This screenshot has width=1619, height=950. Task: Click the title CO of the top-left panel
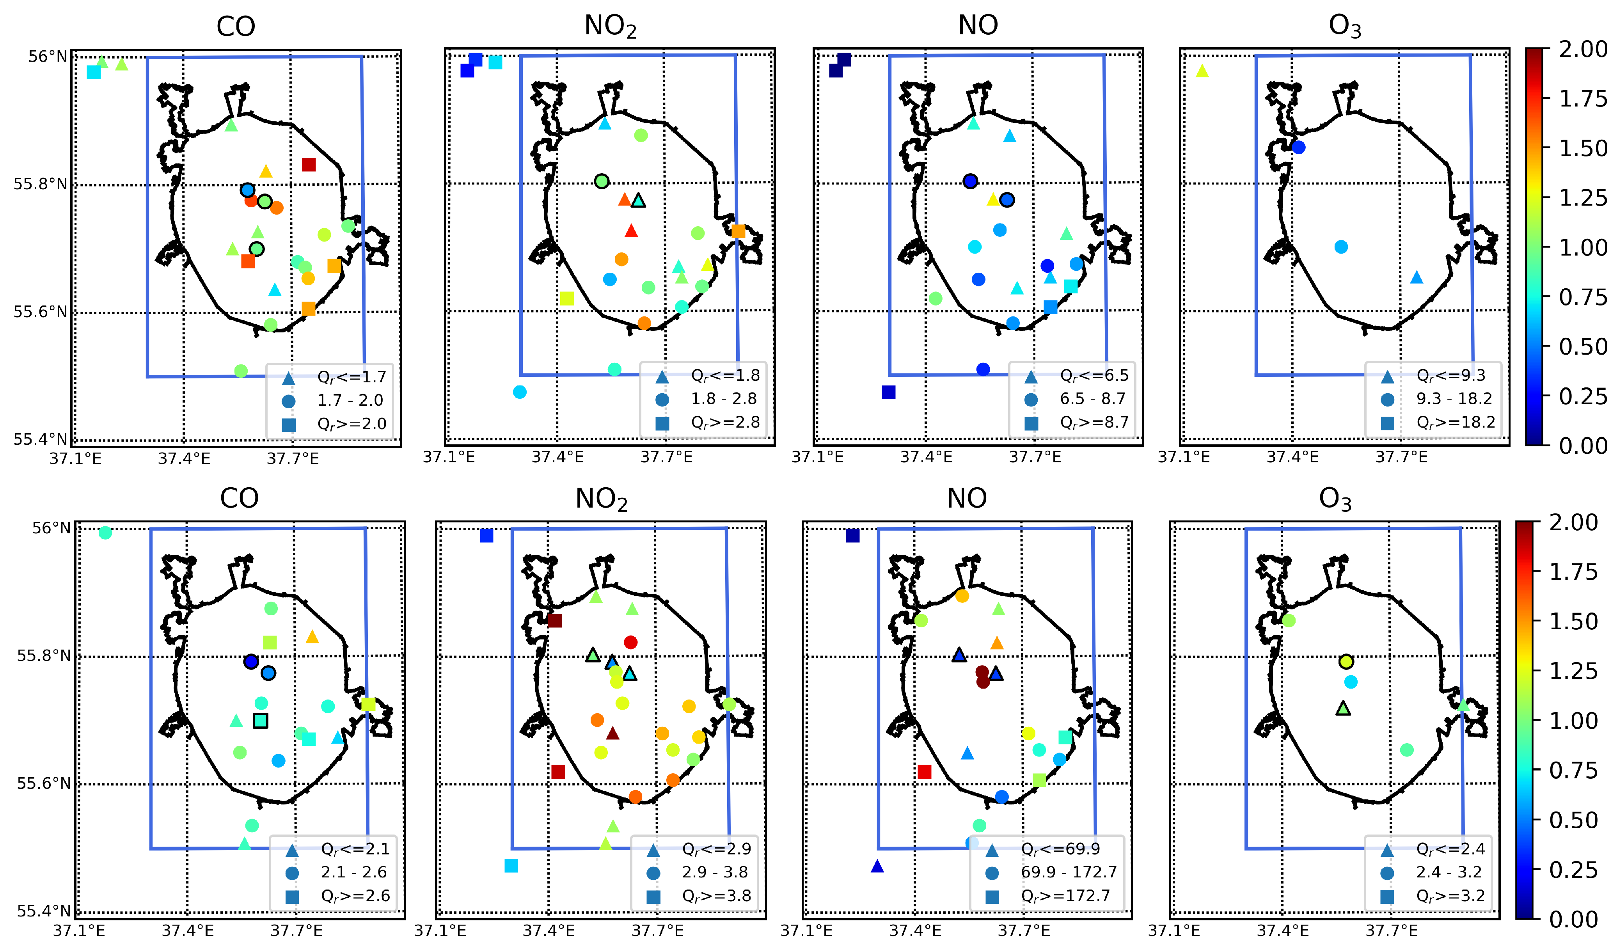coord(236,27)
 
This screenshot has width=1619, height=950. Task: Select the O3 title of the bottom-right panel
coord(1335,499)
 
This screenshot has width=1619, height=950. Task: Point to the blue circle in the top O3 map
coord(1298,147)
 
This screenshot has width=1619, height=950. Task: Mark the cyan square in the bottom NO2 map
coord(511,866)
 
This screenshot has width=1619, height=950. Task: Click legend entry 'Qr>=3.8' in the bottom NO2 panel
coord(716,896)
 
